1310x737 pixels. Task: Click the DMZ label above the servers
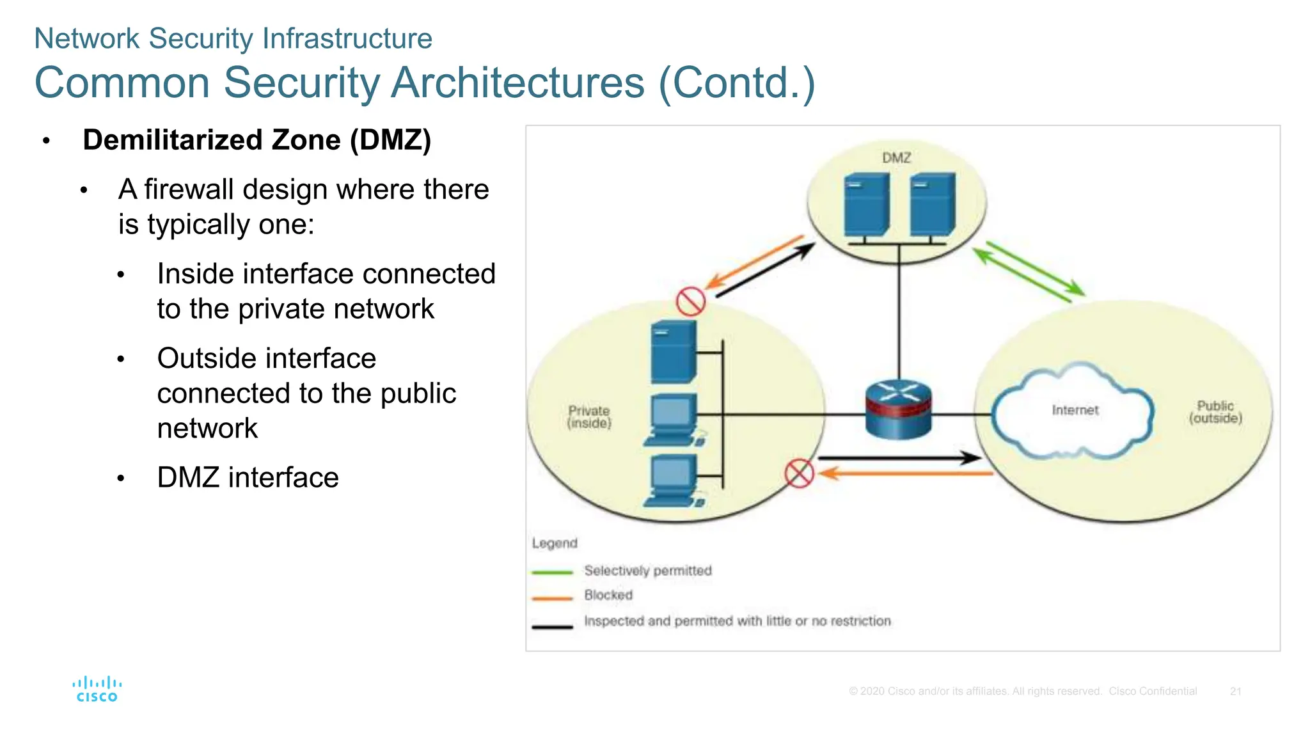click(x=896, y=157)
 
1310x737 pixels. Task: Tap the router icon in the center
click(x=898, y=409)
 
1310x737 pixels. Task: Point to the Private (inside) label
click(x=589, y=416)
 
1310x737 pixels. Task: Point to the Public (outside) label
click(x=1215, y=411)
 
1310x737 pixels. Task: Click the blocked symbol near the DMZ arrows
click(x=691, y=301)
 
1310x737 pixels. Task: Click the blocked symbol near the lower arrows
click(x=799, y=473)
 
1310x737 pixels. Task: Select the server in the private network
click(x=674, y=352)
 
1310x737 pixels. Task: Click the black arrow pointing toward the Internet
click(x=899, y=457)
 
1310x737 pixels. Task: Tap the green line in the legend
click(x=552, y=572)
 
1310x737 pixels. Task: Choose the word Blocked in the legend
click(x=608, y=595)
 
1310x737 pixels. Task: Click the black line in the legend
click(x=552, y=627)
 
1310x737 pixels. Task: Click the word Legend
click(x=555, y=543)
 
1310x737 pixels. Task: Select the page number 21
click(x=1235, y=691)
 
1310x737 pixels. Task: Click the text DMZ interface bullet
click(x=248, y=477)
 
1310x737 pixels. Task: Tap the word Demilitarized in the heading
click(x=173, y=140)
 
